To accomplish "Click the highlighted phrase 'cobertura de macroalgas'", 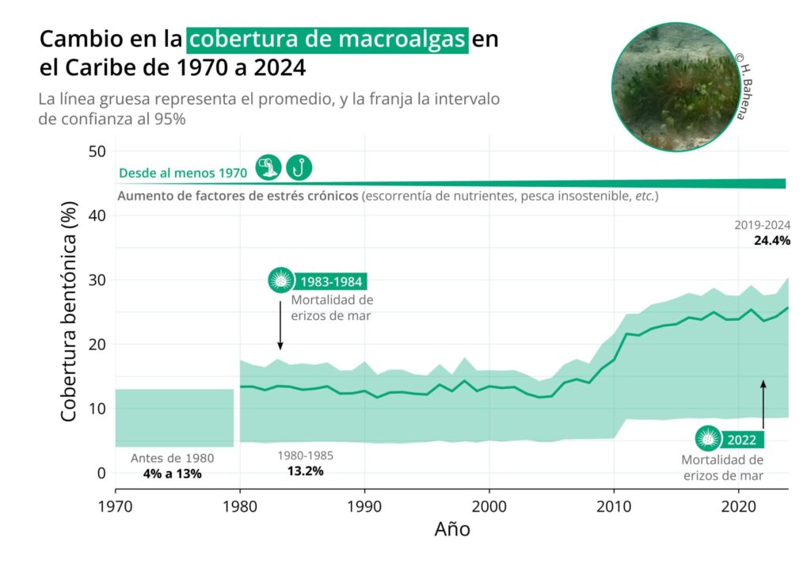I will coord(328,39).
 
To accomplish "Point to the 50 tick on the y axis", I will coord(99,151).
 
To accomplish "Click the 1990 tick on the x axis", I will coord(364,505).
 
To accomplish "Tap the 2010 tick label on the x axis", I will coord(614,505).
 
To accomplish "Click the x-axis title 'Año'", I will coord(451,528).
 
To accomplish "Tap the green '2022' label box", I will coord(742,440).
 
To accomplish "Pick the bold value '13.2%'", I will coord(305,471).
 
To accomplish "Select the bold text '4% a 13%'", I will coord(173,474).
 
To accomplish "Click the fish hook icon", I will coord(299,167).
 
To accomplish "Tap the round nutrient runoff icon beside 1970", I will coord(269,167).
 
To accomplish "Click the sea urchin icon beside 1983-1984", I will coord(280,280).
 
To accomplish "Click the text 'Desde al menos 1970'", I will coord(183,173).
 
